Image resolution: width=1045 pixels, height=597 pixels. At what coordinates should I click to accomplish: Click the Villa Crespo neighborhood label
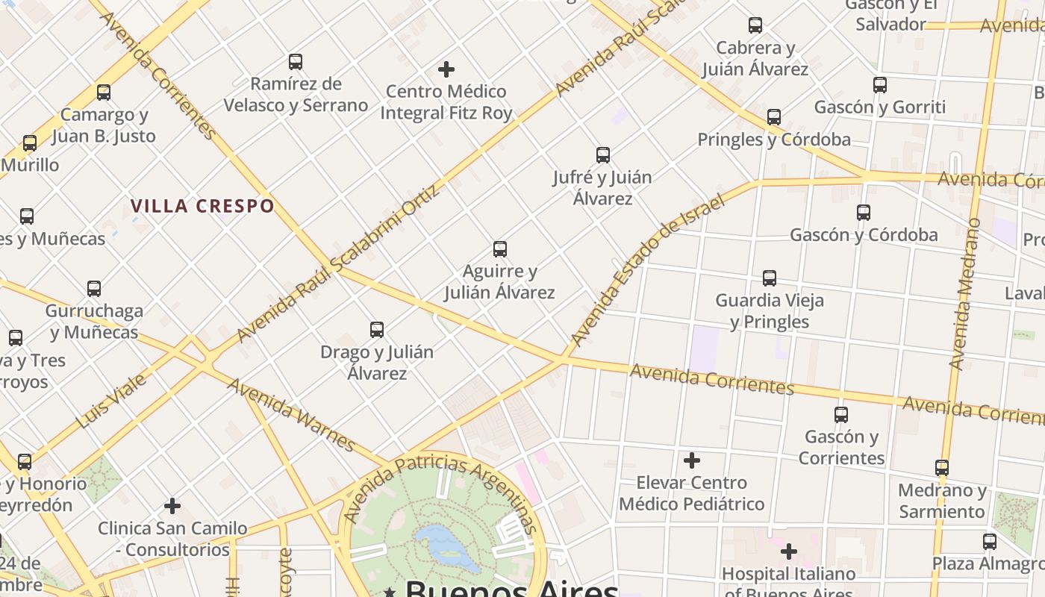tap(202, 206)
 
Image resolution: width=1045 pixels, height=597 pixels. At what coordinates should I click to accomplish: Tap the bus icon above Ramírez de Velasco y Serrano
tap(296, 62)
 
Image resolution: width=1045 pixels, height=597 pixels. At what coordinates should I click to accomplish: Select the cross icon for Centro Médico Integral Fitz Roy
tap(446, 69)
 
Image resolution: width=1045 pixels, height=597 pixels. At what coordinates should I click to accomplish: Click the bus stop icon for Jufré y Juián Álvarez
tap(603, 155)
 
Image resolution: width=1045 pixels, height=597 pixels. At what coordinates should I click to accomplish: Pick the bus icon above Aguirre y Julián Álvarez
tap(500, 249)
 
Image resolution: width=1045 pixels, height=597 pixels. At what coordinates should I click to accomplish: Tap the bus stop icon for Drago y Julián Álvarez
tap(377, 330)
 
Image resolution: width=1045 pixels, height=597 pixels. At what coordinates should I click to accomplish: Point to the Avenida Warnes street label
tap(291, 415)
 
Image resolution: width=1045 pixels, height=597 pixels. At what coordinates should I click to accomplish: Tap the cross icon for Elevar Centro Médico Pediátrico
tap(692, 460)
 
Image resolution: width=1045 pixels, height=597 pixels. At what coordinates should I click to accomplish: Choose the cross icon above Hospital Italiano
tap(789, 552)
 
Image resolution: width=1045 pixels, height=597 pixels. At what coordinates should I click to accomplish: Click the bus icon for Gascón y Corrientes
tap(841, 415)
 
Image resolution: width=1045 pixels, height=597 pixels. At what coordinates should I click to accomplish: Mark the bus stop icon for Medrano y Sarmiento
tap(942, 468)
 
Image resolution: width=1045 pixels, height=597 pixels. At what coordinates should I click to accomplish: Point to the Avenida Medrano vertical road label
tap(964, 294)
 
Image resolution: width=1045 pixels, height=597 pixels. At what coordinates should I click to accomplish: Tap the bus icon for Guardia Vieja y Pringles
tap(770, 278)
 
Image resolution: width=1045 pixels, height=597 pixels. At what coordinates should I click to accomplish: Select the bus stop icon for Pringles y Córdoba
tap(774, 117)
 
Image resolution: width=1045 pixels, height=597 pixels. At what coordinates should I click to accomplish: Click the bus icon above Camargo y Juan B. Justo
tap(104, 93)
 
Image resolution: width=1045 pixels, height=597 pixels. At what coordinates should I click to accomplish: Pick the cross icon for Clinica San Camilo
tap(172, 507)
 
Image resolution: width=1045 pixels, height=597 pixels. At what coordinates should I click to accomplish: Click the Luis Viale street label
tap(112, 401)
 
